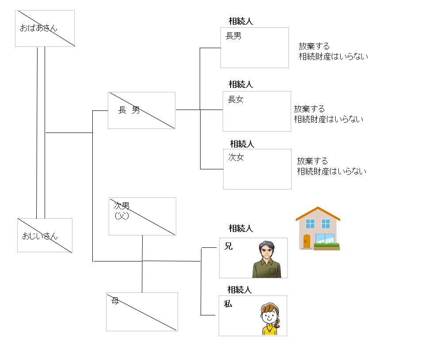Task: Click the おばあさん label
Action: coord(39,28)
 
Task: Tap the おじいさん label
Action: coord(40,236)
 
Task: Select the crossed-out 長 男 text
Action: coord(129,110)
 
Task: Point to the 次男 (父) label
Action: coord(121,210)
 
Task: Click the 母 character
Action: coord(115,301)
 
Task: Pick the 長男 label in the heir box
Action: coord(233,36)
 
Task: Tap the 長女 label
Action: coord(235,99)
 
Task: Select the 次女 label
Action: coord(236,157)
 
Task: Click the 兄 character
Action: coord(228,246)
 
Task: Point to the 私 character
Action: coord(228,304)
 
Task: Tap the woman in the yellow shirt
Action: coord(270,319)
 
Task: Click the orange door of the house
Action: coord(307,241)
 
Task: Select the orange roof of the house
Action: coord(318,214)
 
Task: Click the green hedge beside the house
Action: coord(326,245)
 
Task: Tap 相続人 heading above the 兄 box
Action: coord(241,228)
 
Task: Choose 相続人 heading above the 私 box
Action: coord(239,290)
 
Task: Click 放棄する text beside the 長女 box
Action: coord(309,109)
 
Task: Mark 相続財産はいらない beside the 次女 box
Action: coord(332,171)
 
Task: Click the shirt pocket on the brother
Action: coord(273,271)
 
